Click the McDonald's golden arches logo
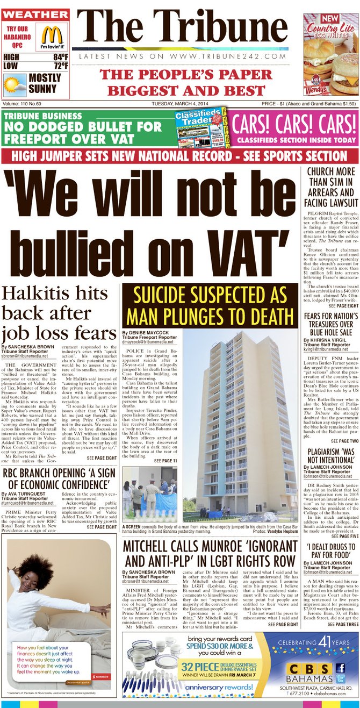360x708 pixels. pyautogui.click(x=52, y=34)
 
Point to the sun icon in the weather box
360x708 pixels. pyautogui.click(x=14, y=83)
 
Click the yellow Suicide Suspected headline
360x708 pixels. pyautogui.click(x=208, y=304)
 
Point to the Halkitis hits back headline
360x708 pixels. pyautogui.click(x=58, y=312)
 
